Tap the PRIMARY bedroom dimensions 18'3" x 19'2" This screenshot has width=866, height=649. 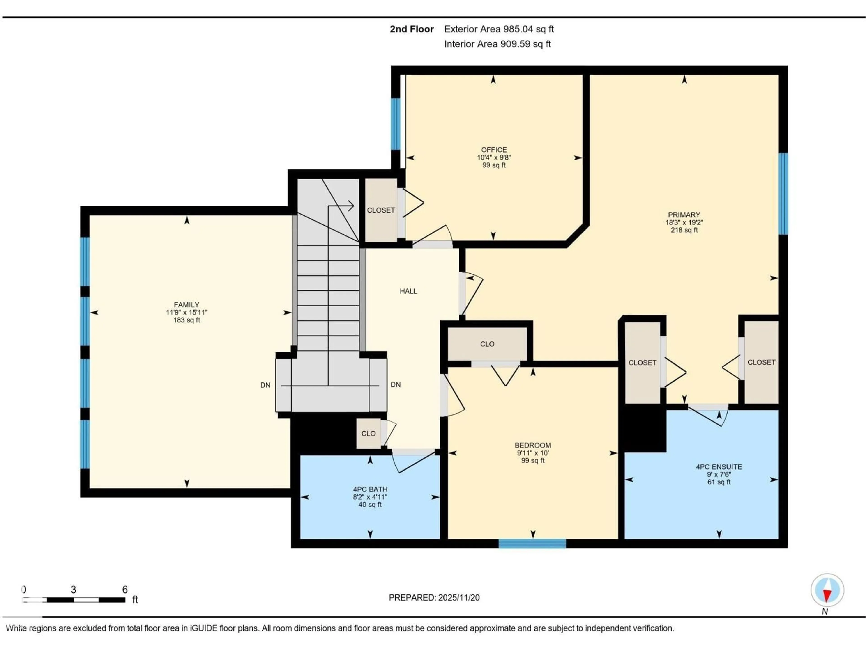click(684, 222)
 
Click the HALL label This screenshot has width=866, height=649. click(408, 291)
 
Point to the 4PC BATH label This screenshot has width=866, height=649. click(370, 489)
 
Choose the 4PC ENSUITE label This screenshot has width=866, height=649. click(719, 467)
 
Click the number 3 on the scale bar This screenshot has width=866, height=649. click(73, 590)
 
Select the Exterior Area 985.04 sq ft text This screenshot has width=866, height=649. click(499, 29)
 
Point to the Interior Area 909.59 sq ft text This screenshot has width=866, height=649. click(497, 44)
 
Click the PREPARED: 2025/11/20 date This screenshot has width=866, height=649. click(434, 597)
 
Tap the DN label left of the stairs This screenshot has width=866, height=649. click(265, 385)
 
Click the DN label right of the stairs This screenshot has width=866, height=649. click(395, 384)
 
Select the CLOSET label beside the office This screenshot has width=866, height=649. click(380, 210)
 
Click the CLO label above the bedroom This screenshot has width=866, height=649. click(487, 344)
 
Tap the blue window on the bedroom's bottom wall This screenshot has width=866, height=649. click(532, 543)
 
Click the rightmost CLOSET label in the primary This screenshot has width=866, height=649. click(761, 362)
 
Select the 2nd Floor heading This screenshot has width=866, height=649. click(412, 29)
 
